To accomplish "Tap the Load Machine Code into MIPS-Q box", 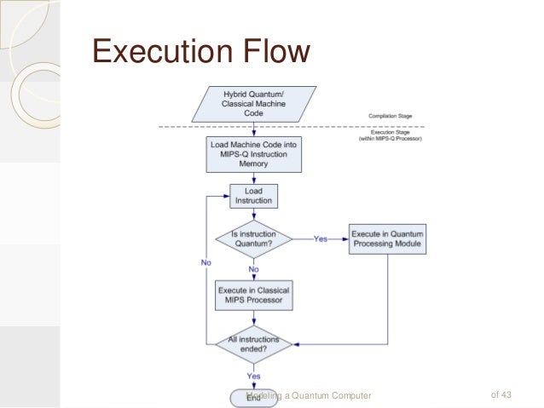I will click(254, 154).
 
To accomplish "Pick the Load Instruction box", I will click(254, 196).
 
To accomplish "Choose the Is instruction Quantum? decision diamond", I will click(254, 238).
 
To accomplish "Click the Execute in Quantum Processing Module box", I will click(387, 238).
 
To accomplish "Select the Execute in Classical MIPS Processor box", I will click(254, 294).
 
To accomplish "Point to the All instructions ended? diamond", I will click(254, 343).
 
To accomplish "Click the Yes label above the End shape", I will click(254, 375).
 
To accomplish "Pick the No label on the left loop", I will click(206, 262).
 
